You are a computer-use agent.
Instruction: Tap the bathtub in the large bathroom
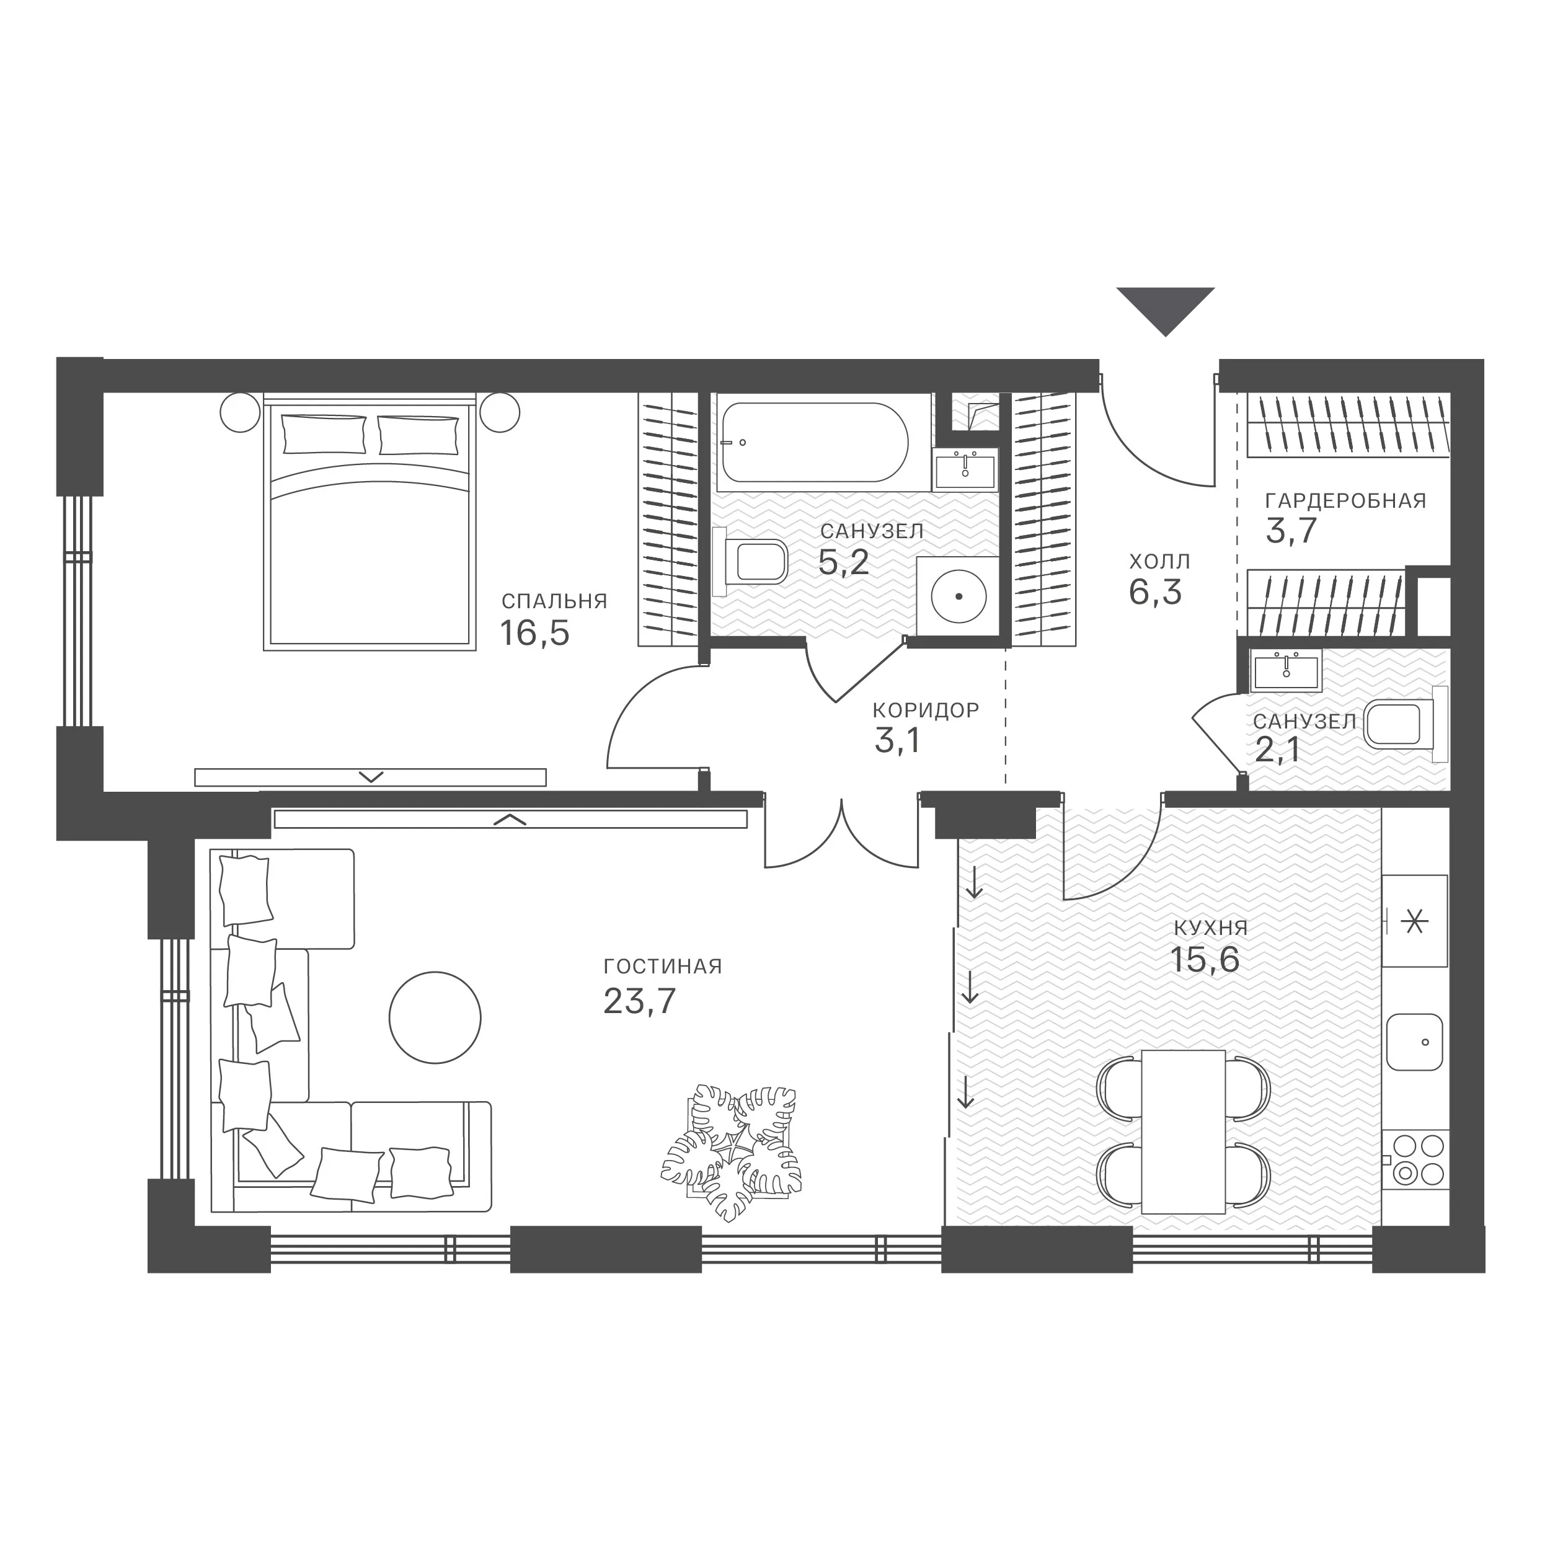pyautogui.click(x=813, y=442)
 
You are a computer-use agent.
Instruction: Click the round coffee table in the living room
pyautogui.click(x=435, y=1016)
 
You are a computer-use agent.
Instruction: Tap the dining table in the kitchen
pyautogui.click(x=1184, y=1130)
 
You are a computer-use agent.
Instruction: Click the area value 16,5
pyautogui.click(x=534, y=633)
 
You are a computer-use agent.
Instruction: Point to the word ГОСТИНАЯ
pyautogui.click(x=663, y=966)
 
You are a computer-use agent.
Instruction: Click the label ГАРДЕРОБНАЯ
pyautogui.click(x=1345, y=500)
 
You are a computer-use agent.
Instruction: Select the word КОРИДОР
pyautogui.click(x=926, y=710)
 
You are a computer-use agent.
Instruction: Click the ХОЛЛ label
pyautogui.click(x=1159, y=561)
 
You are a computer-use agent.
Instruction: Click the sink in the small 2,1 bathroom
pyautogui.click(x=1286, y=671)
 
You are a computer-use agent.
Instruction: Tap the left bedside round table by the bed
pyautogui.click(x=240, y=412)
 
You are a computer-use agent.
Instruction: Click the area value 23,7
pyautogui.click(x=639, y=1001)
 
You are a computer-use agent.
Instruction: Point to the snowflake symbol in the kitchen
pyautogui.click(x=1414, y=922)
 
